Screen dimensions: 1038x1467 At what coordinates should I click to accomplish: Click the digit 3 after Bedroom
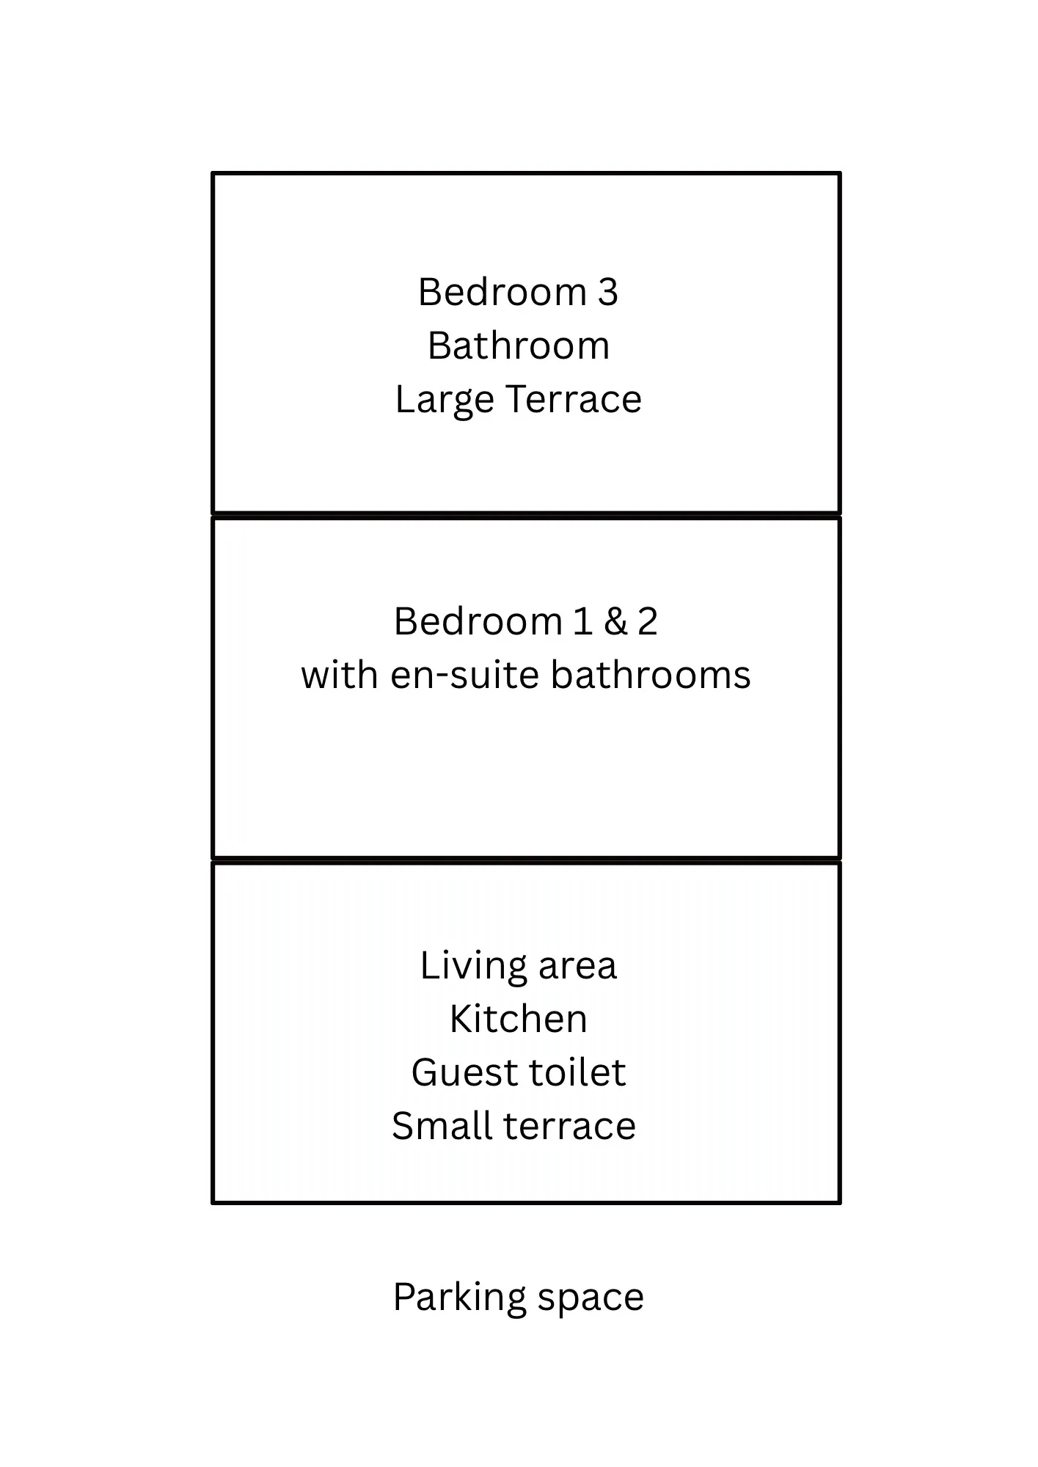coord(608,292)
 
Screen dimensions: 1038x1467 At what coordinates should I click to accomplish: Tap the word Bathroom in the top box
coord(519,345)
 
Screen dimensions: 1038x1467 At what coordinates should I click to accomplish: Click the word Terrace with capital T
coord(574,399)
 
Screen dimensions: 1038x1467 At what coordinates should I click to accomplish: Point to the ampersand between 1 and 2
coord(615,621)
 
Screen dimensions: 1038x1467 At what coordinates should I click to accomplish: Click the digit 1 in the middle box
coord(583,621)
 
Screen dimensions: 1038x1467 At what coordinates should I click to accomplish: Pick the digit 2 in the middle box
coord(647,621)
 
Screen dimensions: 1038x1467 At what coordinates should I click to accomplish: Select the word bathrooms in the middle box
coord(651,675)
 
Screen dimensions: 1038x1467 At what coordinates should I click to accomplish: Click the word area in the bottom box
coord(578,967)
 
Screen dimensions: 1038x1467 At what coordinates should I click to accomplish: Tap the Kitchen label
coord(519,1019)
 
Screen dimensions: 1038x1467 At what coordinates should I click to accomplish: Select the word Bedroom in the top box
coord(502,292)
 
